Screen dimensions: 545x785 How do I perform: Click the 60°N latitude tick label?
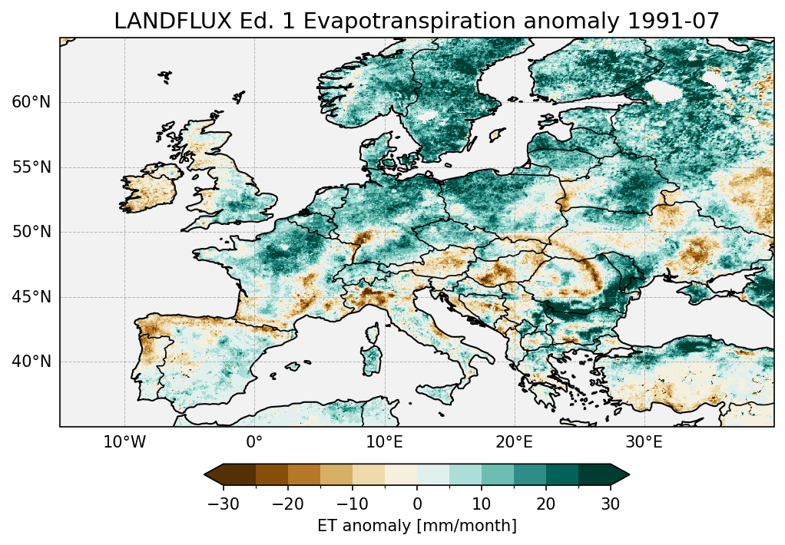point(31,103)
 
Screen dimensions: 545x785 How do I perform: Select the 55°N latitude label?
point(31,167)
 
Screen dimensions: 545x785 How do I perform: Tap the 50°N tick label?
point(31,233)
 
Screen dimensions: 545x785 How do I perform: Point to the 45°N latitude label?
point(31,297)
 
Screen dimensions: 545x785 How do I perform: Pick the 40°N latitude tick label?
point(31,362)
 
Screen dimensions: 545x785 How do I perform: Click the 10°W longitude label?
point(124,442)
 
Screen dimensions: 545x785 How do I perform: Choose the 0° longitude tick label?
point(254,442)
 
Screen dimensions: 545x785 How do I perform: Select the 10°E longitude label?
point(384,442)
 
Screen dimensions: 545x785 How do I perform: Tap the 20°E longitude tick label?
point(514,442)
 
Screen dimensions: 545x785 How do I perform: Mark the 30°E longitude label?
point(644,442)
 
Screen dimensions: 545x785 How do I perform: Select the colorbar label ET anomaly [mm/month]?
point(417,526)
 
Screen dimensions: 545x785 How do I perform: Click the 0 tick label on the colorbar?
point(417,504)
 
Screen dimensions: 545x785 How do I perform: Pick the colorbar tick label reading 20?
point(546,504)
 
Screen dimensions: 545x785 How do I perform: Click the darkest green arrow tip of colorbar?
point(623,475)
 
